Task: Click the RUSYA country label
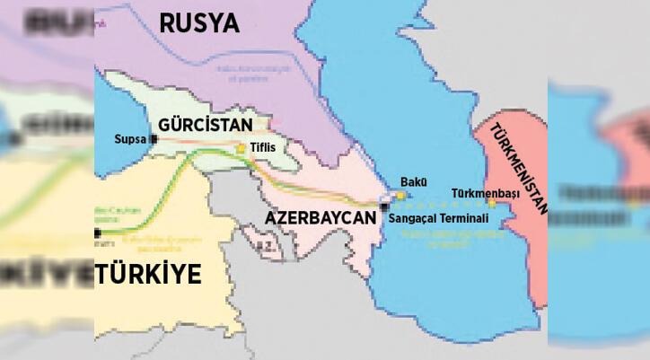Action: point(199,22)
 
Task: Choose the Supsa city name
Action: point(130,140)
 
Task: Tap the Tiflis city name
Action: point(264,148)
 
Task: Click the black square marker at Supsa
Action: point(154,139)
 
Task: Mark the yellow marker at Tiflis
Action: point(241,148)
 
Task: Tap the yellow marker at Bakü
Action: point(400,194)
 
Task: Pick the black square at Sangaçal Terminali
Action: point(384,207)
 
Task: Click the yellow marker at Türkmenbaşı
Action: point(492,204)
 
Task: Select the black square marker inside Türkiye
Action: point(98,233)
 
